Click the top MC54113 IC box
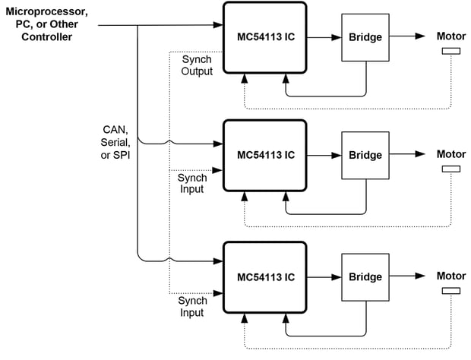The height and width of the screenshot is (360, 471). click(265, 37)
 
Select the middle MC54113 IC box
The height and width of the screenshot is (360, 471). click(265, 156)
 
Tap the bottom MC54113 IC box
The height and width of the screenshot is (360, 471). click(265, 276)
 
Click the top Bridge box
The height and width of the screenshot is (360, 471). click(366, 37)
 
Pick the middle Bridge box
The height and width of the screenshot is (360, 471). click(366, 156)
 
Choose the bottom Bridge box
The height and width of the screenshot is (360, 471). click(366, 276)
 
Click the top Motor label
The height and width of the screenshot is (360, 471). click(450, 36)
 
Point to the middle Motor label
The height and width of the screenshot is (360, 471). click(450, 154)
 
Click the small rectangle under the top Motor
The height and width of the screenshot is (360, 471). click(450, 52)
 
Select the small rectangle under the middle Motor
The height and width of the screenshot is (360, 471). click(450, 169)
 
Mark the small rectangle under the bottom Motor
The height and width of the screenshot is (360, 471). click(450, 290)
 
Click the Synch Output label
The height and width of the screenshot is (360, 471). click(197, 65)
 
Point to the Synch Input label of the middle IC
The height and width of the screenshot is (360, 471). click(191, 183)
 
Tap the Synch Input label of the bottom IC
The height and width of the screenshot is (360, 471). click(191, 307)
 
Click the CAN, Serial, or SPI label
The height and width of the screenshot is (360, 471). click(117, 142)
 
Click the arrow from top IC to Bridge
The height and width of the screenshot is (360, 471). click(324, 36)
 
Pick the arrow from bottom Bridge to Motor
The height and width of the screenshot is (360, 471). click(409, 276)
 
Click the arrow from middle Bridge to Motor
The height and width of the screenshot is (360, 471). click(409, 155)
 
